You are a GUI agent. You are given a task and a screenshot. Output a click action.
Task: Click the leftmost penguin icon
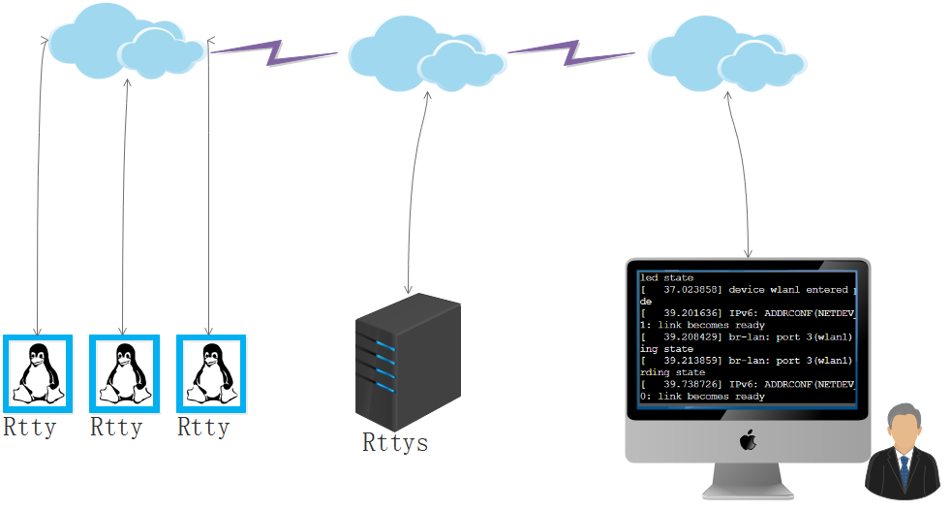(x=38, y=373)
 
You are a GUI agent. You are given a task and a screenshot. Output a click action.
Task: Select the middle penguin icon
(x=125, y=373)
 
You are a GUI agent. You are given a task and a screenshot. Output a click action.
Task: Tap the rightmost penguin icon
(x=211, y=373)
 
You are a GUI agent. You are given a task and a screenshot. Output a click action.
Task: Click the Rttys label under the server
(x=395, y=442)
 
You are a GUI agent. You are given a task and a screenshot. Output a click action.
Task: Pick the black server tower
(x=408, y=362)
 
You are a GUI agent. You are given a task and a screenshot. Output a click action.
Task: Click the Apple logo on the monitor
(x=748, y=439)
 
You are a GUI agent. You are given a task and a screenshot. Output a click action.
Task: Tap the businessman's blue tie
(x=904, y=471)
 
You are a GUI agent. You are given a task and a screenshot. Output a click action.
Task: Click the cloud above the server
(x=427, y=54)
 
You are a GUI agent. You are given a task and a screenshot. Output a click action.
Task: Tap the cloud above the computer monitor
(x=726, y=54)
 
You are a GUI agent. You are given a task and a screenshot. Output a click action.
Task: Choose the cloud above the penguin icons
(x=127, y=42)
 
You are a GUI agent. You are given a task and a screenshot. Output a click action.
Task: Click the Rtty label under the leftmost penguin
(x=29, y=428)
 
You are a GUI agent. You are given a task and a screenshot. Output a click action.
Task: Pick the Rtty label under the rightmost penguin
(x=203, y=428)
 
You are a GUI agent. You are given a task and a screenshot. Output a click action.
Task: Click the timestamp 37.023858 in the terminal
(x=692, y=290)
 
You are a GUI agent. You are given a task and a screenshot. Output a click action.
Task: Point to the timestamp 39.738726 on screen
(x=692, y=384)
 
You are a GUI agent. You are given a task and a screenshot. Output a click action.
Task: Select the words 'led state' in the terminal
(x=666, y=277)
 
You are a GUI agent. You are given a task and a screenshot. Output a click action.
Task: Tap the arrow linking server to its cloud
(x=413, y=192)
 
